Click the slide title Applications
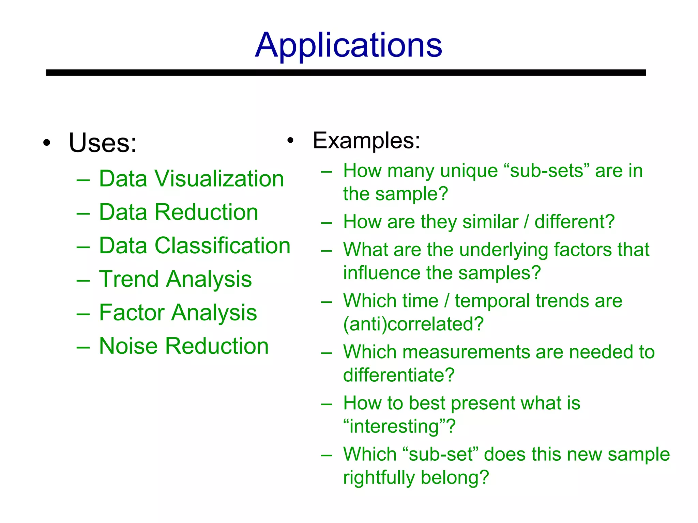[x=348, y=45]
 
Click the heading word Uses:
[x=103, y=143]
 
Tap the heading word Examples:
[x=366, y=140]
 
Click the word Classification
[x=222, y=245]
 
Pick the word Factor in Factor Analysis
[x=131, y=312]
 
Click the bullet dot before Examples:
[x=290, y=140]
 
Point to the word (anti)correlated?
[x=413, y=324]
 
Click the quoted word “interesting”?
[x=399, y=426]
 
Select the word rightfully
[x=379, y=477]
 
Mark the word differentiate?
[x=399, y=375]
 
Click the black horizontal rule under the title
[x=346, y=73]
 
